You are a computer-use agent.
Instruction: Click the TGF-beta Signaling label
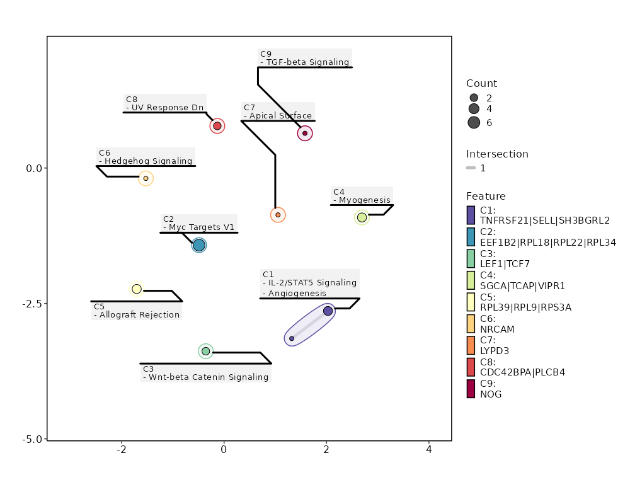[307, 62]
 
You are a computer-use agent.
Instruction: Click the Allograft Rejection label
[137, 314]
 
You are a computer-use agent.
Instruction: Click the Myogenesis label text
[364, 200]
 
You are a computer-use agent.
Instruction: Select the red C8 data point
[217, 126]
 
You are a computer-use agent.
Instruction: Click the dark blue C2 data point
[199, 245]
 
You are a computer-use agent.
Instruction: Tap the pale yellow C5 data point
[137, 289]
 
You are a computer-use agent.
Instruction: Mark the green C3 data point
[205, 351]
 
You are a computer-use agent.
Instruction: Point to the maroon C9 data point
[305, 133]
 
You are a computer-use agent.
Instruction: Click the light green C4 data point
[362, 217]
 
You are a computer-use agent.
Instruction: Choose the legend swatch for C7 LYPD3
[471, 345]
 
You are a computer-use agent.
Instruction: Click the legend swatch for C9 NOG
[471, 389]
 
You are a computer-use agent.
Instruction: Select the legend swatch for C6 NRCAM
[471, 324]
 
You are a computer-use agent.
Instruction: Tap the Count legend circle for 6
[474, 123]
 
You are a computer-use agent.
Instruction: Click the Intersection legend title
[497, 154]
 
